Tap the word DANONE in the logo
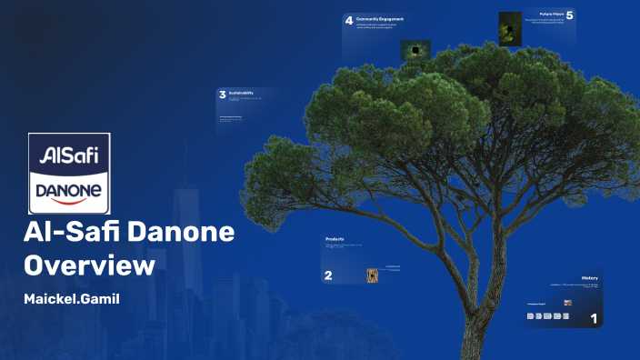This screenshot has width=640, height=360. click(x=70, y=190)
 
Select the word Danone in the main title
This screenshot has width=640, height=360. click(x=180, y=232)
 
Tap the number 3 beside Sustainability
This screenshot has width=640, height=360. click(x=222, y=94)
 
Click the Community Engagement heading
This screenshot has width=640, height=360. click(x=379, y=18)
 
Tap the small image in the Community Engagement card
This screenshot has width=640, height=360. click(x=415, y=49)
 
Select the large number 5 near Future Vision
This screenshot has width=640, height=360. click(x=570, y=15)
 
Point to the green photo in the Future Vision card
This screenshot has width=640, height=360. click(x=510, y=28)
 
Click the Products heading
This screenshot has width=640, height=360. click(x=335, y=239)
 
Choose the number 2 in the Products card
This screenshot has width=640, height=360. click(x=329, y=275)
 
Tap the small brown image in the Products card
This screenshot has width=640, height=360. click(x=372, y=275)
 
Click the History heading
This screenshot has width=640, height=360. click(x=589, y=277)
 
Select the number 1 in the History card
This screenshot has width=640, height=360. click(x=595, y=318)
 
